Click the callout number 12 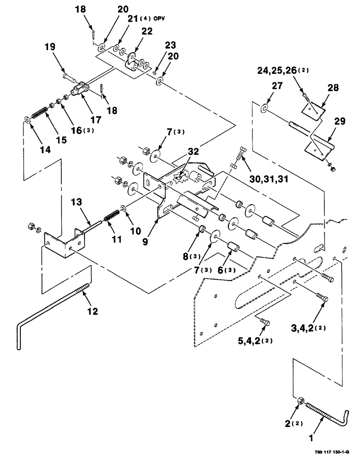tap(93, 311)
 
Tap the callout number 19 tap(50, 47)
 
